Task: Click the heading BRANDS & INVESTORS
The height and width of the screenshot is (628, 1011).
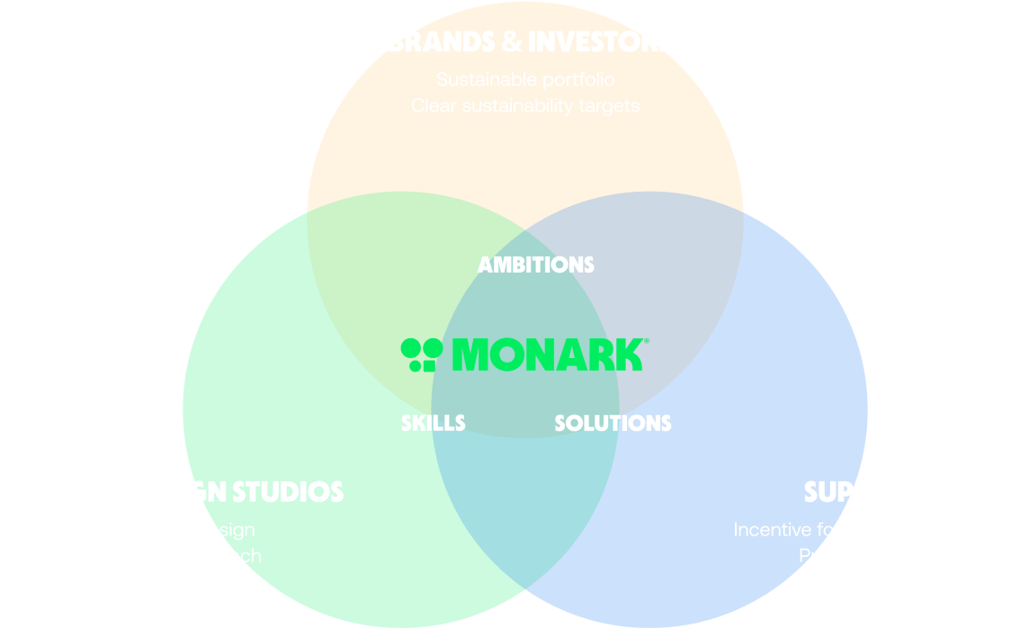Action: point(529,42)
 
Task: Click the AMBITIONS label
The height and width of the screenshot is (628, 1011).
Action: point(535,265)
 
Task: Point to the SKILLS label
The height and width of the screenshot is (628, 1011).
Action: point(434,423)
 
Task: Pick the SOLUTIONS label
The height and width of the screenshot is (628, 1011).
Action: point(613,423)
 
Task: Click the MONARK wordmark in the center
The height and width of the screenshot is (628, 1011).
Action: point(547,354)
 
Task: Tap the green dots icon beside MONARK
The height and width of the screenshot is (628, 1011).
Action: point(417,354)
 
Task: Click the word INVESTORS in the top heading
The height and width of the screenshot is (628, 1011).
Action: point(599,42)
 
